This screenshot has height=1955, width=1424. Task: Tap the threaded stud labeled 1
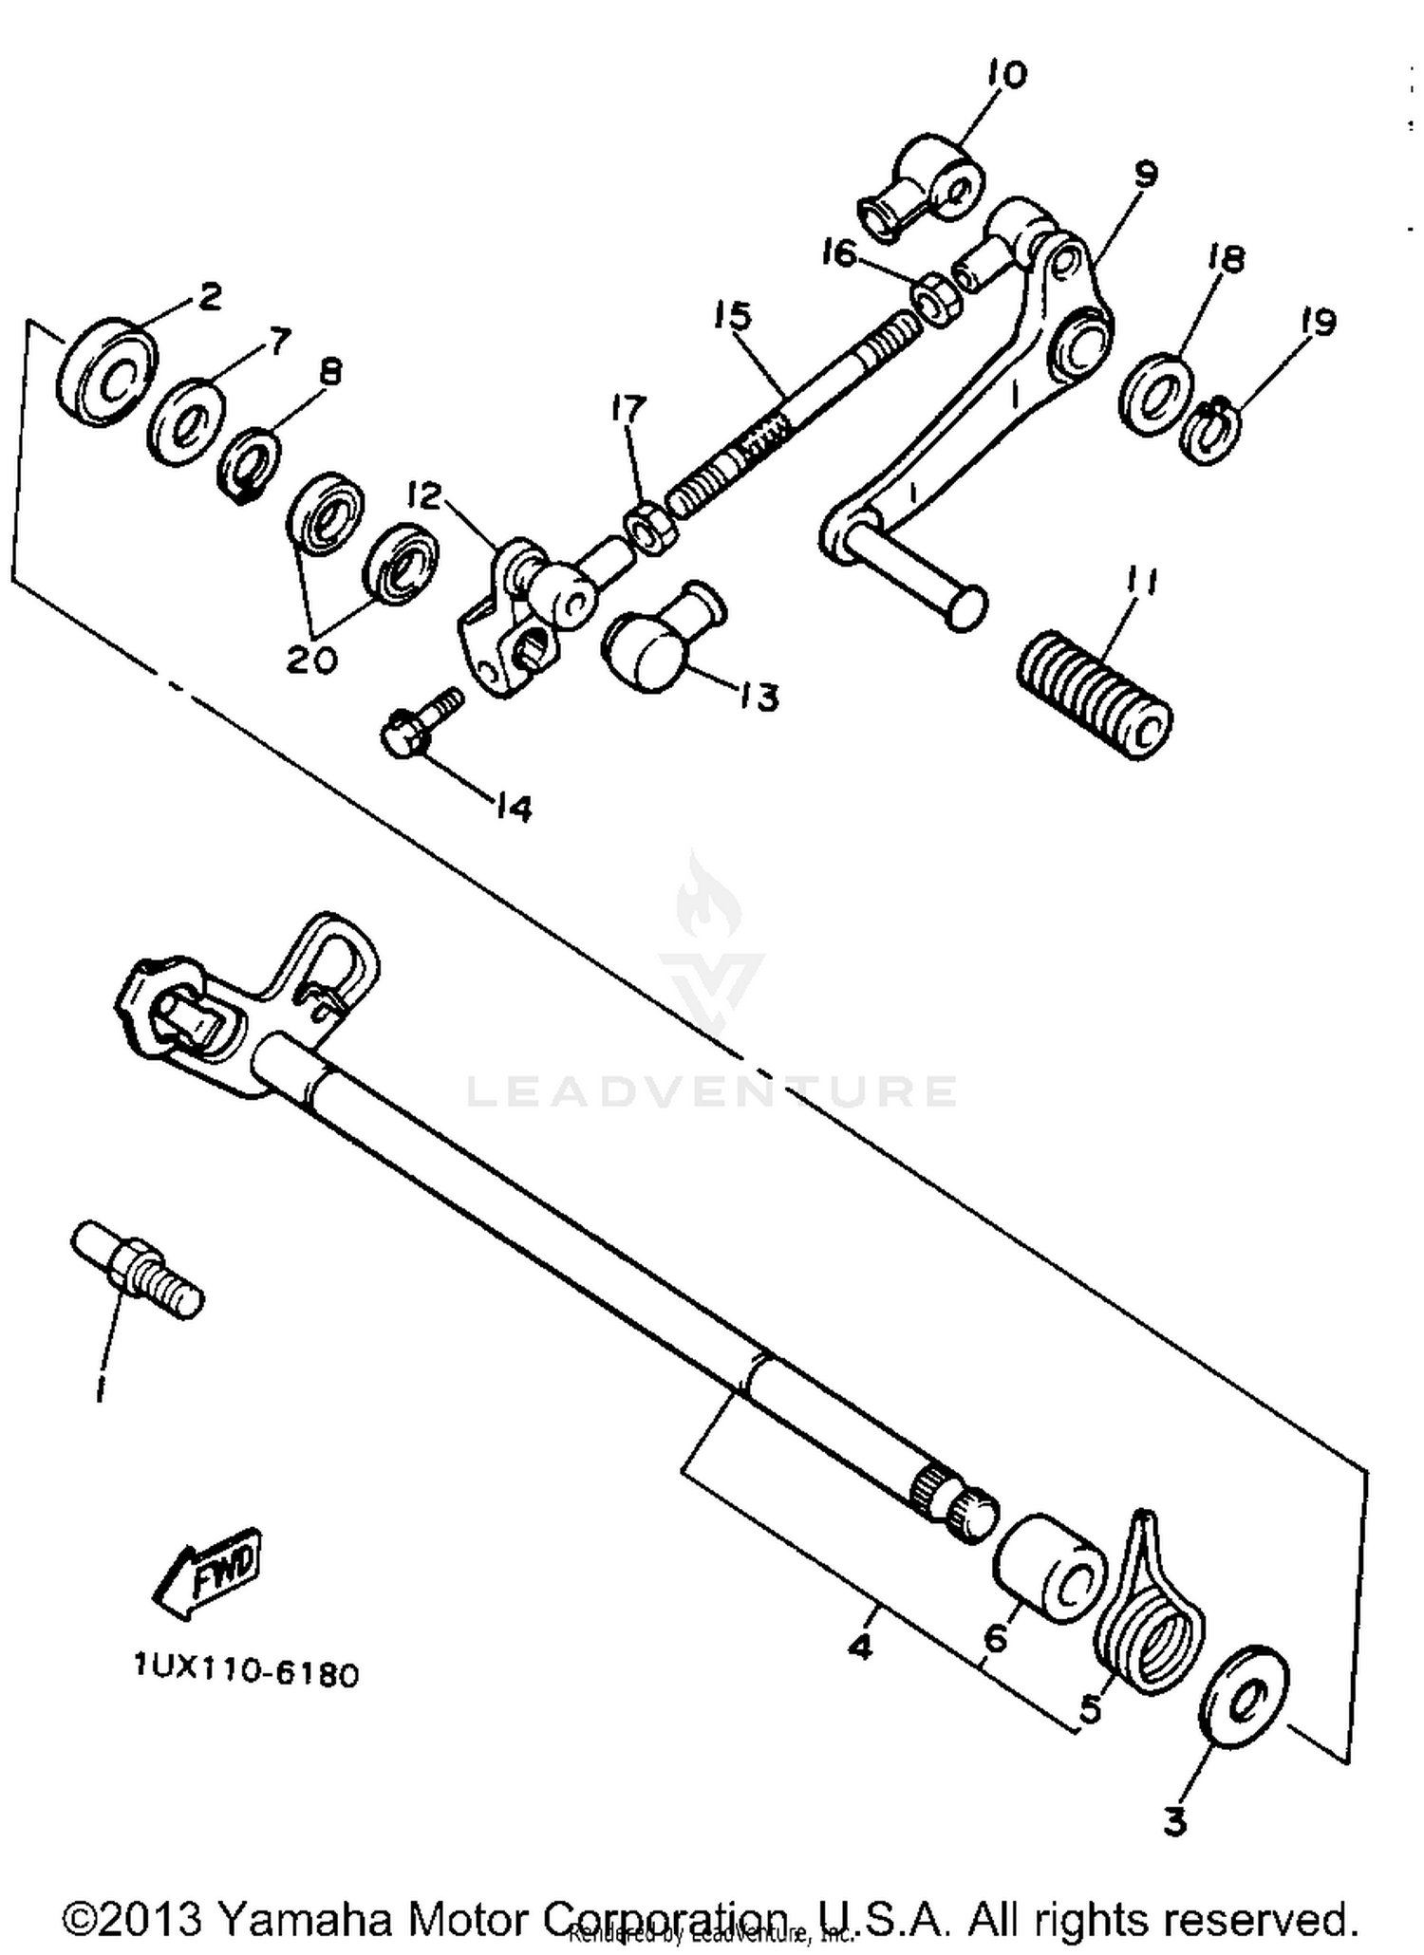[x=139, y=1271]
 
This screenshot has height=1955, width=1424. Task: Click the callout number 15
[x=733, y=316]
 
